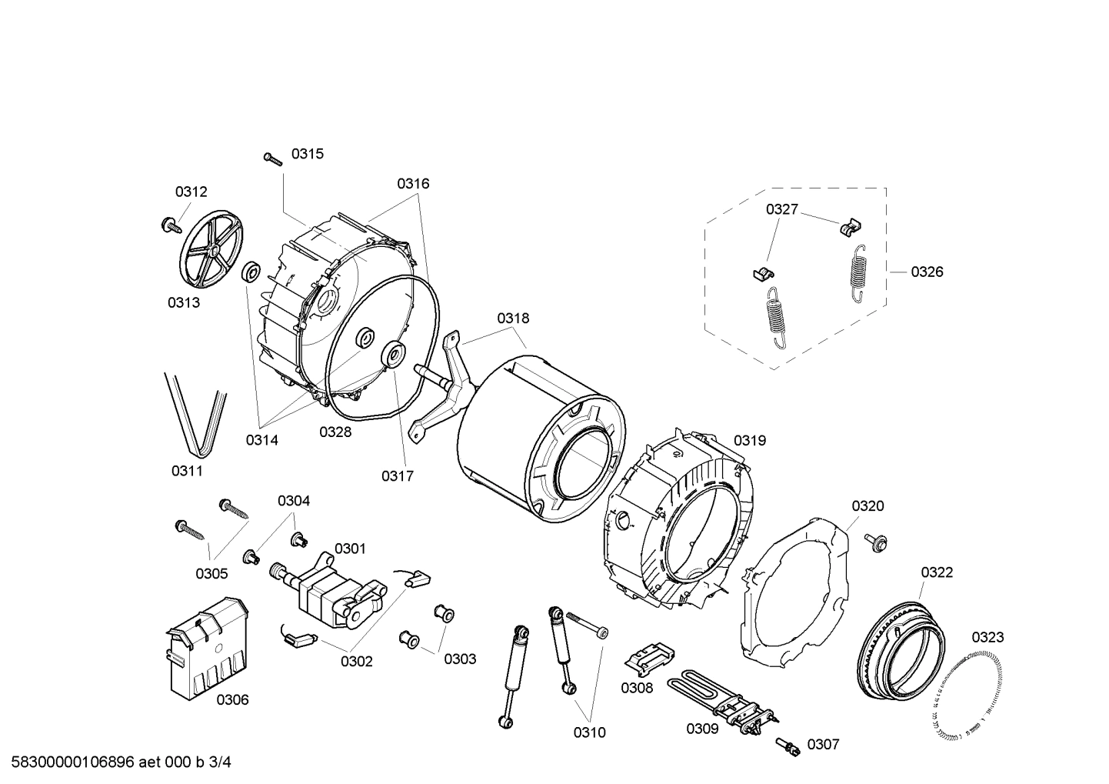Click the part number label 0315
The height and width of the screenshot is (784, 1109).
point(307,154)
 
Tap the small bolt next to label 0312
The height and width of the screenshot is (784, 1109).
point(168,225)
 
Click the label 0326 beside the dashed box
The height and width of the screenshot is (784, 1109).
point(927,272)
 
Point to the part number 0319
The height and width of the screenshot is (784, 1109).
point(749,440)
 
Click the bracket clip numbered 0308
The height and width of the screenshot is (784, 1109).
point(646,659)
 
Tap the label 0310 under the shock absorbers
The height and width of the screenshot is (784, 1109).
point(589,732)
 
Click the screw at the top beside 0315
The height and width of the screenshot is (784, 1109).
point(273,158)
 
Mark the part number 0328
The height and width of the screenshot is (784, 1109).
point(335,432)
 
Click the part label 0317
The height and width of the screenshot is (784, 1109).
point(397,476)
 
